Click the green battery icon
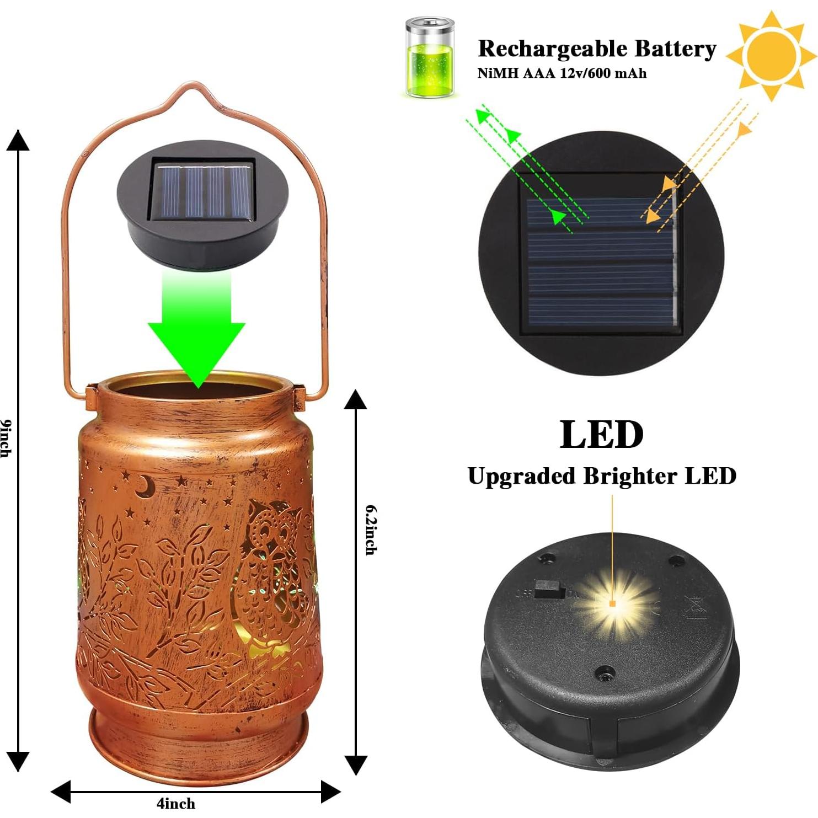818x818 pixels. click(430, 57)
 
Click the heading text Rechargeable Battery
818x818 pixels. click(597, 49)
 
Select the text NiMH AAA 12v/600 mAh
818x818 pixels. click(562, 73)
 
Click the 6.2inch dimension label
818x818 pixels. click(371, 530)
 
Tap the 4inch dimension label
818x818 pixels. click(175, 803)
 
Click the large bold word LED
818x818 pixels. click(601, 435)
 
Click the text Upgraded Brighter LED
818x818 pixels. click(602, 476)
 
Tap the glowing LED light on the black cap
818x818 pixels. click(613, 603)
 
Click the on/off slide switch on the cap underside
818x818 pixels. click(549, 590)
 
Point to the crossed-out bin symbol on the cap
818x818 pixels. click(693, 609)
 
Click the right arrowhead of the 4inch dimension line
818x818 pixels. click(331, 792)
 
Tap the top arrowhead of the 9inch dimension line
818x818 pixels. click(18, 141)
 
